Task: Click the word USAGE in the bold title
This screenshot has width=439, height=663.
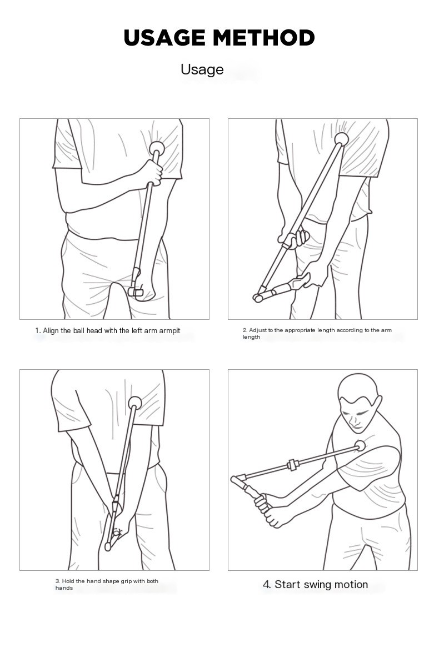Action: (x=165, y=38)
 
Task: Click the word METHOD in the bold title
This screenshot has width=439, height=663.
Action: (x=264, y=38)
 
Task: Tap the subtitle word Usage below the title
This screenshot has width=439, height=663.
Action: (x=202, y=69)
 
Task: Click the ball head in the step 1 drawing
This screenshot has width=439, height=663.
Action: (x=158, y=148)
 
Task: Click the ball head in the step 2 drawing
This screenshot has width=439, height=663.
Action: (x=341, y=139)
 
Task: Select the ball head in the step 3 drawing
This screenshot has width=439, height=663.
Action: (x=134, y=403)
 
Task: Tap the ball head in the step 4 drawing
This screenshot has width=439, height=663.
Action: (x=360, y=444)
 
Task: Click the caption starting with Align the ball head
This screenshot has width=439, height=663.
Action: (x=108, y=331)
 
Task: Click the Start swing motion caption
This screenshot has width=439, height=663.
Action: (x=315, y=584)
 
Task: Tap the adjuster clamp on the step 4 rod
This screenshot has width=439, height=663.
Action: (x=291, y=465)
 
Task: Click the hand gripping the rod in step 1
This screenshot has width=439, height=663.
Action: (x=151, y=173)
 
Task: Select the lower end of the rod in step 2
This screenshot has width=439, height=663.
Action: (x=258, y=298)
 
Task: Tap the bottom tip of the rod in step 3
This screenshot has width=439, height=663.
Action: (x=108, y=546)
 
